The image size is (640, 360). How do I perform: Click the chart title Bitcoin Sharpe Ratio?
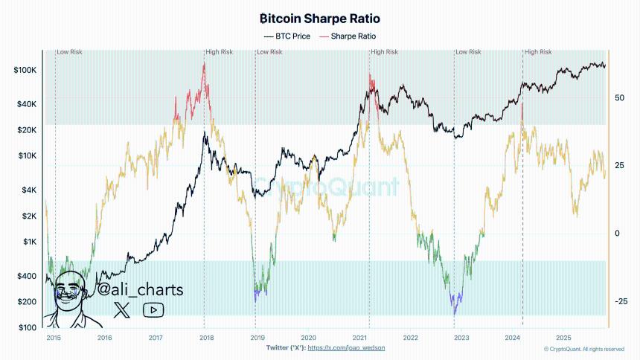(x=319, y=18)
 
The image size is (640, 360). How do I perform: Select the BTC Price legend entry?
(x=287, y=36)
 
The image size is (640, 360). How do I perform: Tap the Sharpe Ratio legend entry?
(x=348, y=36)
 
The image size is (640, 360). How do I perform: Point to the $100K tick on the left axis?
(x=25, y=70)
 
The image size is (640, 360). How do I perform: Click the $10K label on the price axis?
(x=27, y=156)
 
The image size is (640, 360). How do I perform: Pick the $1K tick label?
(x=28, y=242)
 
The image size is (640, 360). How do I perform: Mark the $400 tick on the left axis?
(x=27, y=276)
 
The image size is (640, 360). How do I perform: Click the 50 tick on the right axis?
(x=619, y=97)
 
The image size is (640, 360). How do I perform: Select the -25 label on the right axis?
(x=621, y=301)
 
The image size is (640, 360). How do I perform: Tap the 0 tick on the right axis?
(x=618, y=234)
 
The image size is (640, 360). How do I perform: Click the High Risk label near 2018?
(x=220, y=52)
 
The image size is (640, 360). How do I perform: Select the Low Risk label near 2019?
(x=269, y=52)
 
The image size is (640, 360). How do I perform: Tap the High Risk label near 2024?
(x=538, y=52)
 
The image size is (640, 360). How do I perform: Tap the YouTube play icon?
(x=153, y=310)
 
